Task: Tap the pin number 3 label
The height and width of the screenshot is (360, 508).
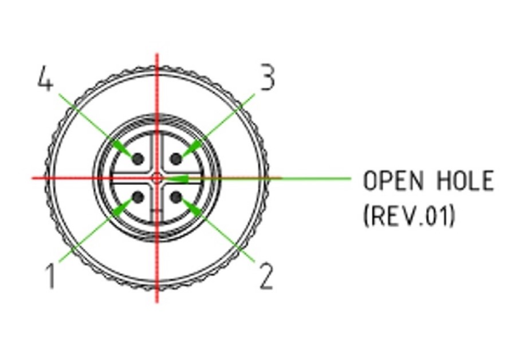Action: (x=267, y=78)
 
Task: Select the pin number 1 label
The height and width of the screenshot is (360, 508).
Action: (x=51, y=275)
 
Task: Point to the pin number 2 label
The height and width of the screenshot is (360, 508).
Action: (x=266, y=277)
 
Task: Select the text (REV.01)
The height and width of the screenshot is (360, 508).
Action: (x=409, y=216)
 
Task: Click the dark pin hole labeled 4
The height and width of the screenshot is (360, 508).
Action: (x=137, y=159)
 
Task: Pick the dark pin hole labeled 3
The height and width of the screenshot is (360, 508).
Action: (x=176, y=159)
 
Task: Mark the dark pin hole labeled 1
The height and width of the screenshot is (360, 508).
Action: (x=137, y=198)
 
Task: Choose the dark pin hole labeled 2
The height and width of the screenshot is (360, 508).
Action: (x=176, y=198)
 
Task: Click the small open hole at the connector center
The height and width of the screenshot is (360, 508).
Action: (x=157, y=179)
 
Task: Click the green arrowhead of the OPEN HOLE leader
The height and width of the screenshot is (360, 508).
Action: (x=178, y=179)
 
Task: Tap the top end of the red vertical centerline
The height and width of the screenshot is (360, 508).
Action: (x=157, y=55)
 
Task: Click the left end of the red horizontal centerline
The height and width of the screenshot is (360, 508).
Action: (x=33, y=178)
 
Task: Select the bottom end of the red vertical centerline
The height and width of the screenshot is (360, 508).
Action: (x=157, y=301)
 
